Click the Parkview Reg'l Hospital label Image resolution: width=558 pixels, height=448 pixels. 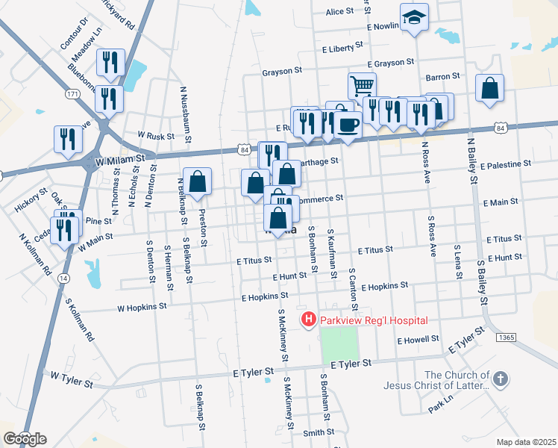(374, 320)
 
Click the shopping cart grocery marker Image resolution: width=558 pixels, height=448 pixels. (362, 86)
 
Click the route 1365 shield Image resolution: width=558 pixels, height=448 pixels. (505, 337)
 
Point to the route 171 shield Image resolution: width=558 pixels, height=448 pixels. (72, 95)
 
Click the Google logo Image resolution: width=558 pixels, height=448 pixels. (24, 438)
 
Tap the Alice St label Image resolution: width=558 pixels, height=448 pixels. (339, 12)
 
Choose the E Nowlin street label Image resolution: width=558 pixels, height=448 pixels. (384, 26)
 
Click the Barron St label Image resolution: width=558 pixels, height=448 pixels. (442, 76)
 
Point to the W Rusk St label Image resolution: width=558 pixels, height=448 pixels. (156, 137)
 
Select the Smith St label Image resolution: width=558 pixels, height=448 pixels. (319, 432)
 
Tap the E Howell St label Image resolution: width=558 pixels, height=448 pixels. (418, 340)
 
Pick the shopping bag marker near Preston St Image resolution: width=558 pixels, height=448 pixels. (197, 181)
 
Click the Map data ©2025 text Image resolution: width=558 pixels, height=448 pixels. (526, 442)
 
